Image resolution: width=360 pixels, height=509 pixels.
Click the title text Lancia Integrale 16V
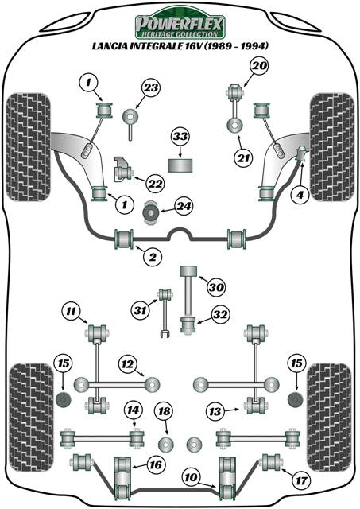[180, 46]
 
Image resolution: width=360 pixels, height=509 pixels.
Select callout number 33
[180, 138]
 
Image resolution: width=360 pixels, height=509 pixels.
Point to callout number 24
[184, 208]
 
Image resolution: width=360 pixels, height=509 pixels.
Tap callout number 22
[156, 185]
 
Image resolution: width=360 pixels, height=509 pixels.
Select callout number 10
[190, 477]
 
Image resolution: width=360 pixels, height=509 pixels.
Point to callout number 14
[132, 410]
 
